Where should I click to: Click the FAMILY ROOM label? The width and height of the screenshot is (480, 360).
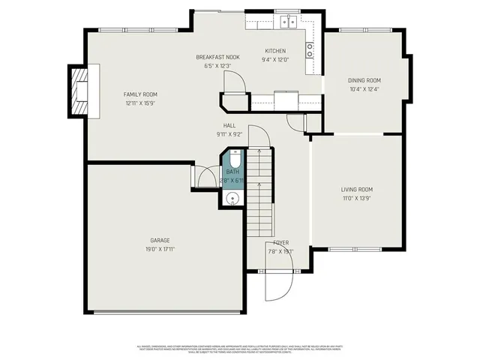tap(140, 94)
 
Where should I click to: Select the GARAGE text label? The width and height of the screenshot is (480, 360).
tap(162, 241)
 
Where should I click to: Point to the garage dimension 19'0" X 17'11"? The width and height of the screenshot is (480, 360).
tap(162, 249)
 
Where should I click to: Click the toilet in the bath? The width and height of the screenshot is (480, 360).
tap(234, 159)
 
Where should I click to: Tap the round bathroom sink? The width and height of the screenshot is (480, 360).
tap(232, 199)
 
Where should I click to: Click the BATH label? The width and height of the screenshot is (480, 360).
tap(232, 172)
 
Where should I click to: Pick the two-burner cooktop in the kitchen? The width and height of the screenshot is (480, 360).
tap(310, 50)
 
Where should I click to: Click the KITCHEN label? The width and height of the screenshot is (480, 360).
tap(275, 51)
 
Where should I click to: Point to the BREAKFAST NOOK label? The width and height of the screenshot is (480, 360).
tap(217, 58)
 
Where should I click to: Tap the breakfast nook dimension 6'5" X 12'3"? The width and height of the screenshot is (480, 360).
tap(217, 66)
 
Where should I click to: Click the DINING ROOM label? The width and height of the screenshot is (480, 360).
tap(364, 80)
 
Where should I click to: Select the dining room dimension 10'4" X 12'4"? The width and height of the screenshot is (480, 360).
tap(364, 89)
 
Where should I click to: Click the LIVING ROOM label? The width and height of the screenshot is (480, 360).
tap(356, 190)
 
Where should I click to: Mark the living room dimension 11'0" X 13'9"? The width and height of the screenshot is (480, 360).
tap(356, 199)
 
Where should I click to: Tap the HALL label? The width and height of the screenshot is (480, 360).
tap(229, 125)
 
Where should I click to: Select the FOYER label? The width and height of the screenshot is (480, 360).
tap(281, 243)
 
